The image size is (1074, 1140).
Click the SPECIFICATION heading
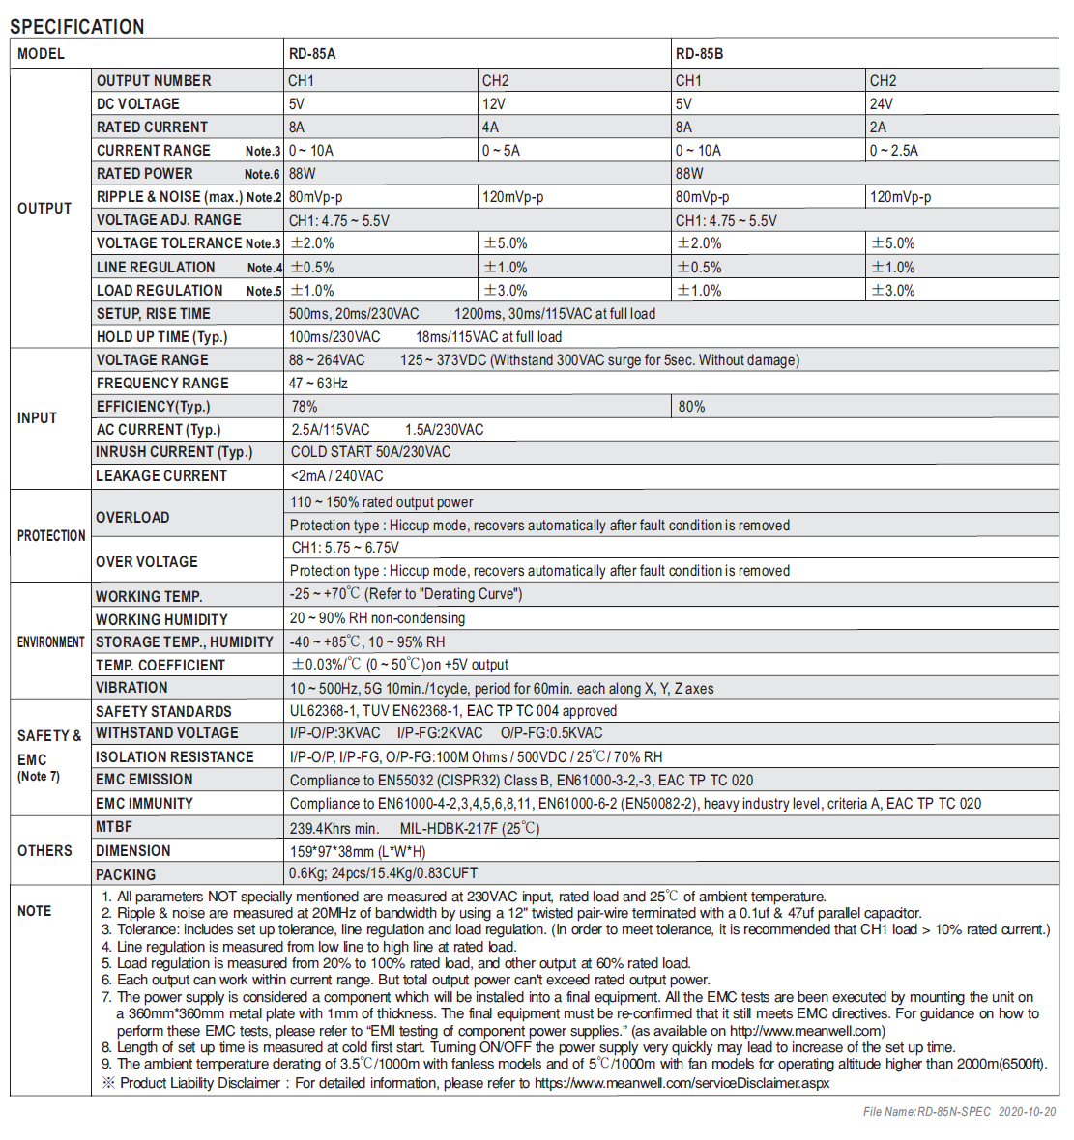tap(77, 26)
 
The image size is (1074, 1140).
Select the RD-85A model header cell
tap(312, 54)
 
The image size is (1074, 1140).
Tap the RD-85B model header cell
tap(699, 54)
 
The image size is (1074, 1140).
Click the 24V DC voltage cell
tap(881, 104)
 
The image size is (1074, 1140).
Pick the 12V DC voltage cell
tap(493, 104)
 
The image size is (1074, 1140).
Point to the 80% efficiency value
tap(691, 407)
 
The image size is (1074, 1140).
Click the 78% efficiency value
tap(305, 407)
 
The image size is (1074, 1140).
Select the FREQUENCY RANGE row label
tap(162, 384)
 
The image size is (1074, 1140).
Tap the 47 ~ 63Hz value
tap(318, 384)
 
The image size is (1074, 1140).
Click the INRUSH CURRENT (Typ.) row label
tap(174, 452)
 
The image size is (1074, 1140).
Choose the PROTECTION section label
tap(51, 536)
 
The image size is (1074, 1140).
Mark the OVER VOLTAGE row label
tap(147, 562)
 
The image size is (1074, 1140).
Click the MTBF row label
tap(114, 827)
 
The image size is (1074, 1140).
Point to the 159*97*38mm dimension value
tap(358, 851)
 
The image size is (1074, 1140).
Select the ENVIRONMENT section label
tap(51, 642)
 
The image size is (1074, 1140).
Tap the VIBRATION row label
tap(131, 688)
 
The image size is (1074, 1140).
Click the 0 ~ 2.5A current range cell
tap(894, 151)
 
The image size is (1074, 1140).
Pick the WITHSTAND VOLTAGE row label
tap(167, 734)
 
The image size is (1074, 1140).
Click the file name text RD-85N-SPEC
tap(953, 1112)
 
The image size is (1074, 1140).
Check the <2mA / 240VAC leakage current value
tap(336, 476)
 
